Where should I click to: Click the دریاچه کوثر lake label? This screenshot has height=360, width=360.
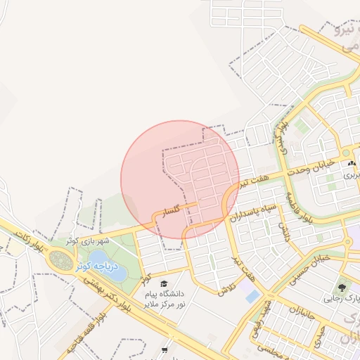point(93,264)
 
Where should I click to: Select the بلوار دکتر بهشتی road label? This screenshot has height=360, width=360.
point(108,292)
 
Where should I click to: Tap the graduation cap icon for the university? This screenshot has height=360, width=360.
point(163,283)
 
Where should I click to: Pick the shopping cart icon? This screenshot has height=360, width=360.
point(165,349)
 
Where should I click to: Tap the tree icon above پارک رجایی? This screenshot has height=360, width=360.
point(342,287)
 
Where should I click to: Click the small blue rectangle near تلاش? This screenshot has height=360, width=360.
point(252,297)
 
